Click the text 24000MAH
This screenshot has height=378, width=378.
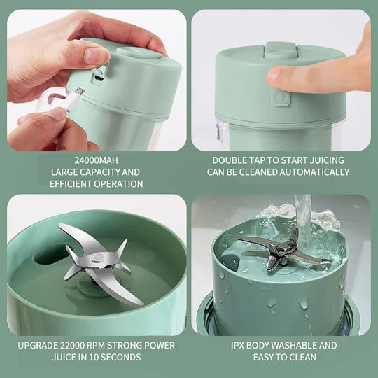click(x=97, y=160)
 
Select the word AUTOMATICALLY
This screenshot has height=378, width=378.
click(x=314, y=171)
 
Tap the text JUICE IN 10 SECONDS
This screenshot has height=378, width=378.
click(x=97, y=357)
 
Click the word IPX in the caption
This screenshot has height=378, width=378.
click(x=240, y=345)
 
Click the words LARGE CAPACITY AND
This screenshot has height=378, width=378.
click(x=97, y=171)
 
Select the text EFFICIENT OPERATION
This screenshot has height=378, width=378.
click(x=97, y=183)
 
